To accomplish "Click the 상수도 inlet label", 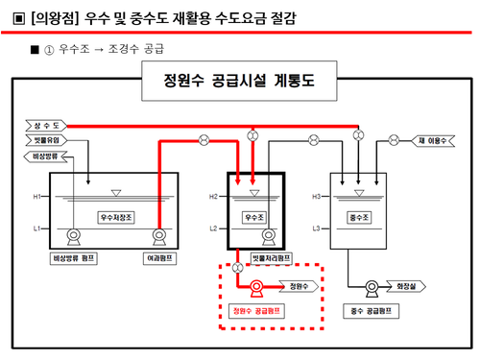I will (x=47, y=126).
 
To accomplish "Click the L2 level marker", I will (x=214, y=228).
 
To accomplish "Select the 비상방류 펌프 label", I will (x=71, y=257).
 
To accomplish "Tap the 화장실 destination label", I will (x=405, y=285).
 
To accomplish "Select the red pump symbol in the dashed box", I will (x=256, y=287).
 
